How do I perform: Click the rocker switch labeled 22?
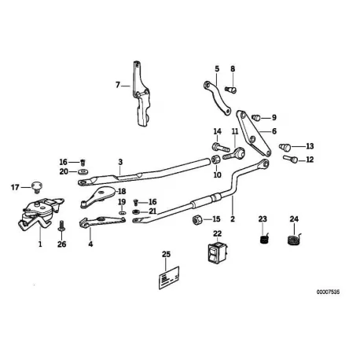coord(218,253)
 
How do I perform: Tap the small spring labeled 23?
coord(264,239)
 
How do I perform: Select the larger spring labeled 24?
coord(294,240)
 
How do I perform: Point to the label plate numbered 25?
coord(169,277)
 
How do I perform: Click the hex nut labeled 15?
coord(197,219)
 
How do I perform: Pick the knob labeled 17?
coord(37,187)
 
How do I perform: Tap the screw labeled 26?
coord(61,226)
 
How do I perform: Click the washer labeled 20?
coord(83,172)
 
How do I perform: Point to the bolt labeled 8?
coord(231,90)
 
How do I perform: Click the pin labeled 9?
coord(255,117)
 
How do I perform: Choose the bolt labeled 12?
coord(290,159)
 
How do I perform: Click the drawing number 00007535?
coord(328,292)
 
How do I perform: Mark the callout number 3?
coord(120,162)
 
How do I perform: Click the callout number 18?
coord(122,191)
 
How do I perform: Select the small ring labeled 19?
coord(122,212)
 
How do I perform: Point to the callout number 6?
coord(274,131)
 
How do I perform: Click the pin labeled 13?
coord(285,147)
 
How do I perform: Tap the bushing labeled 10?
coord(215,160)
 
